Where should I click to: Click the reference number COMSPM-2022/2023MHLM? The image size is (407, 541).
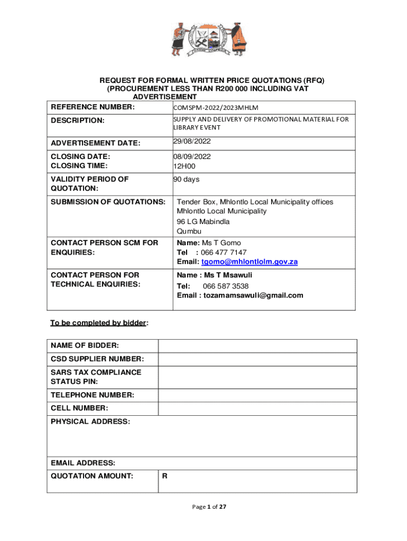216,108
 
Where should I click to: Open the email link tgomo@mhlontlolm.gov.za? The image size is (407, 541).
249,262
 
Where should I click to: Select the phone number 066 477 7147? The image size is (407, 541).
224,253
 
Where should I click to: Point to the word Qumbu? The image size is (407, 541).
189,231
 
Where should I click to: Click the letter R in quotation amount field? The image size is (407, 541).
165,477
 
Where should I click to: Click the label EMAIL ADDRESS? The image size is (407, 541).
83,463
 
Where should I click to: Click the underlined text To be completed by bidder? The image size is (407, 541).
98,323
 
